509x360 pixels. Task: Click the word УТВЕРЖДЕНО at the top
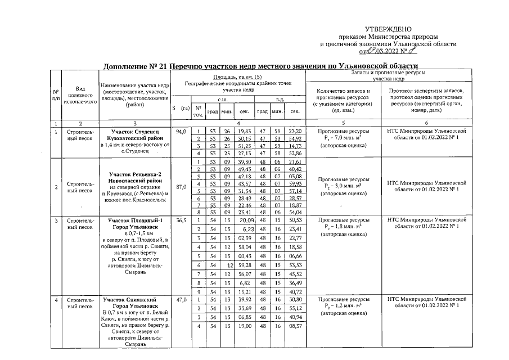(388, 29)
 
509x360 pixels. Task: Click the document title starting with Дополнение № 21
(261, 66)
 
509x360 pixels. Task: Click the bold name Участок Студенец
(135, 130)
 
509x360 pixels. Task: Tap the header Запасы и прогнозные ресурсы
(388, 73)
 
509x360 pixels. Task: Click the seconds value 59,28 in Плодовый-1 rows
(244, 264)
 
